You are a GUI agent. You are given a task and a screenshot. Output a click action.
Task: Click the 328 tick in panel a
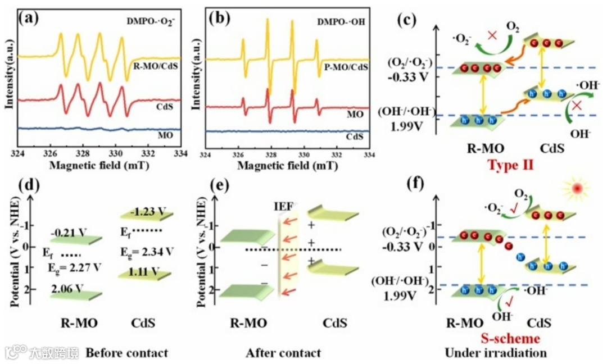coord(83,153)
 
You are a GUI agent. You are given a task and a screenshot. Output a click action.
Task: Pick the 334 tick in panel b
coord(369,154)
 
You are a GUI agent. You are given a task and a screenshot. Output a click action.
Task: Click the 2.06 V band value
coord(67,289)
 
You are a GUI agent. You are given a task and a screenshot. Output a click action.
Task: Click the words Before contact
coord(126,353)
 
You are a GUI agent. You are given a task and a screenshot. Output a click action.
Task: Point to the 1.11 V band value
coord(143,272)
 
